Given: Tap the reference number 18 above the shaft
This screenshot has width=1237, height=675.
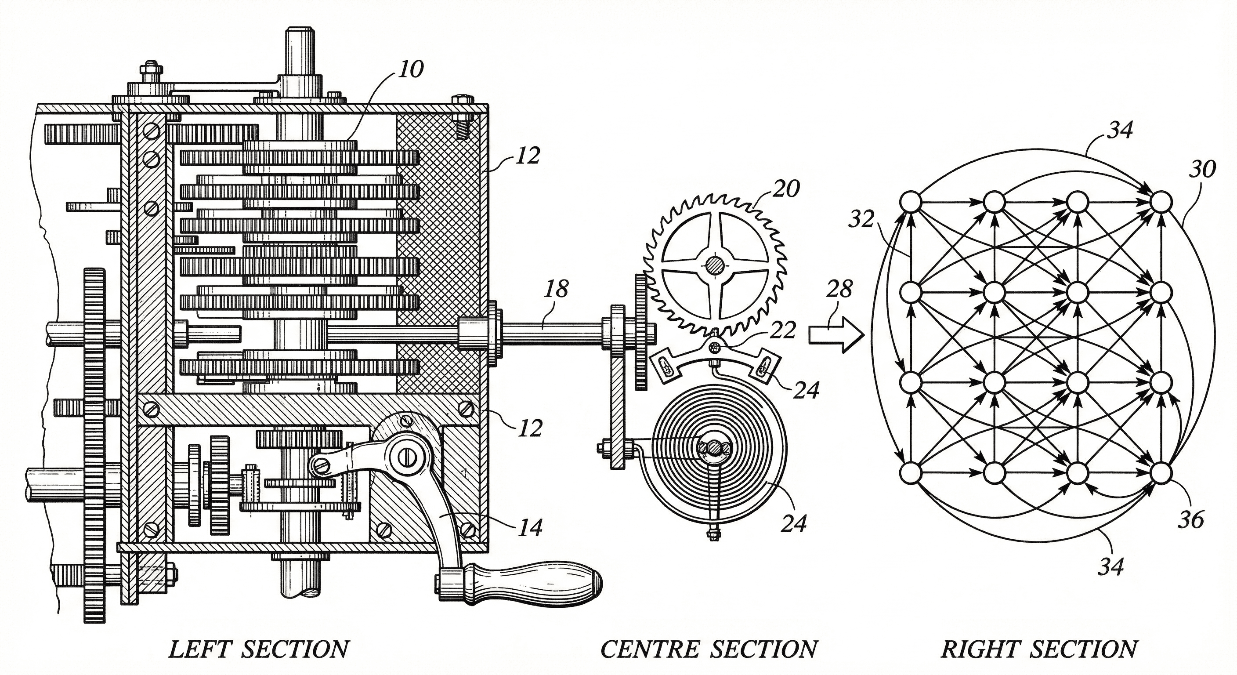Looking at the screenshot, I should click(x=556, y=289).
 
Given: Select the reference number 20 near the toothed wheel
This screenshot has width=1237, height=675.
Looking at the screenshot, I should click(x=785, y=189).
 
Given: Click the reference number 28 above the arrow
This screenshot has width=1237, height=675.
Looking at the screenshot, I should click(x=839, y=289).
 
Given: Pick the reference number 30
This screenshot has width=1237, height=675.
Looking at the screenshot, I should click(x=1202, y=169).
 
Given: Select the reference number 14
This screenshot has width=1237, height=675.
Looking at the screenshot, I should click(x=530, y=527).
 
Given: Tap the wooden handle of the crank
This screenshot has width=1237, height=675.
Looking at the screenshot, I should click(x=533, y=584).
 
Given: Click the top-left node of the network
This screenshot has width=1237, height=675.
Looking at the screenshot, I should click(x=911, y=202).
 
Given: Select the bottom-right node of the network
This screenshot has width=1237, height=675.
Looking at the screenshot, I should click(x=1160, y=473).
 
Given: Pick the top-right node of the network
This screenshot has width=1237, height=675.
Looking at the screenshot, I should click(x=1160, y=202).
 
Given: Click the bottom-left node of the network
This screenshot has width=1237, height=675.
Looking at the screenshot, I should click(x=911, y=473).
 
